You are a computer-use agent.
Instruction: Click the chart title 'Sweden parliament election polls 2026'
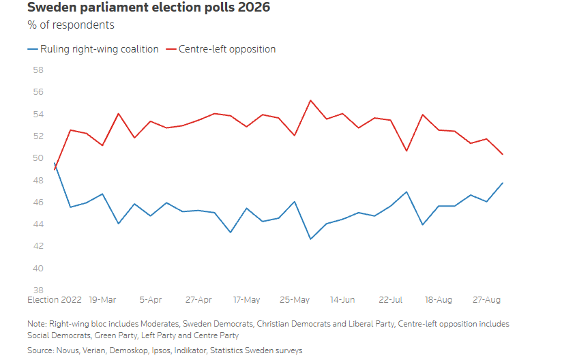click(149, 7)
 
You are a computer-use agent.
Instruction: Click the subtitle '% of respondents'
click(71, 25)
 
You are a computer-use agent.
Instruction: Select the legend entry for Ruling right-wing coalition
click(93, 49)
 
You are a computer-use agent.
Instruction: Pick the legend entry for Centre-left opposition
click(221, 49)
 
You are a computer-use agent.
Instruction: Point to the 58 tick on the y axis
click(38, 70)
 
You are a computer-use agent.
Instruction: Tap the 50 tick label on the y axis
click(38, 158)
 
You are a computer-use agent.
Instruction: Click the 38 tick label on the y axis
click(38, 290)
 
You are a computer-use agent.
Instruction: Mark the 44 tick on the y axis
click(38, 224)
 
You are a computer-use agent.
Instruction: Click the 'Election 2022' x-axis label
click(55, 300)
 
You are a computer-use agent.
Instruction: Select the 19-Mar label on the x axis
click(102, 300)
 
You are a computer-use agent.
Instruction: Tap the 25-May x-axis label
click(295, 300)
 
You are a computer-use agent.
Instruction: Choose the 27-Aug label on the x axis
click(486, 300)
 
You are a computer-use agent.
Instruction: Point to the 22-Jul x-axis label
click(390, 300)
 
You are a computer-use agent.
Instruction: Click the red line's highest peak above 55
click(310, 100)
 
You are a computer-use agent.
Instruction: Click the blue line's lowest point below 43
click(310, 239)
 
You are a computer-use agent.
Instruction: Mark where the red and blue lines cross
click(55, 167)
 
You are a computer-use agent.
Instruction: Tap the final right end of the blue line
click(503, 183)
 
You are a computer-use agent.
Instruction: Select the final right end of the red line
click(503, 154)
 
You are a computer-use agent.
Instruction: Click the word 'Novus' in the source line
click(68, 351)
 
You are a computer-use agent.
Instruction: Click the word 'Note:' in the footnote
click(37, 324)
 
